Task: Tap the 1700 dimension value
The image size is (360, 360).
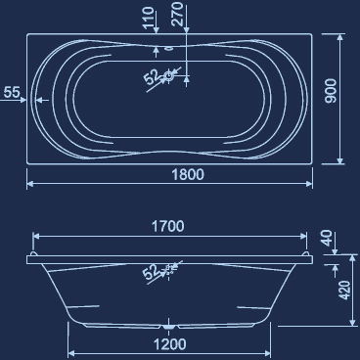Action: (x=168, y=226)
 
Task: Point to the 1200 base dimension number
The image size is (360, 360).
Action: (x=170, y=343)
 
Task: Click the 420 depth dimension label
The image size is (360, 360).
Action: (x=345, y=292)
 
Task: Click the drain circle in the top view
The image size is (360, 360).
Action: (x=170, y=74)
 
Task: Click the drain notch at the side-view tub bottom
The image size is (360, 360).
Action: (x=170, y=324)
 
